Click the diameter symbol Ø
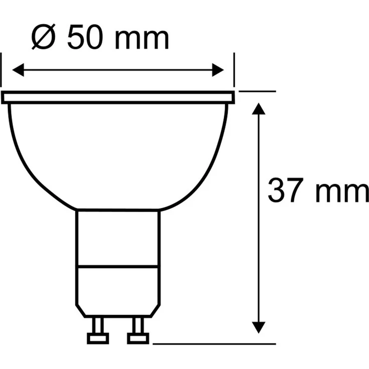[43, 37]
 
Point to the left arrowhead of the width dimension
[18, 70]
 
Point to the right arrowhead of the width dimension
[218, 70]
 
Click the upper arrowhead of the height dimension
[259, 109]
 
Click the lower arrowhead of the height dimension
[259, 327]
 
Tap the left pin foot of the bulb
[98, 338]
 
